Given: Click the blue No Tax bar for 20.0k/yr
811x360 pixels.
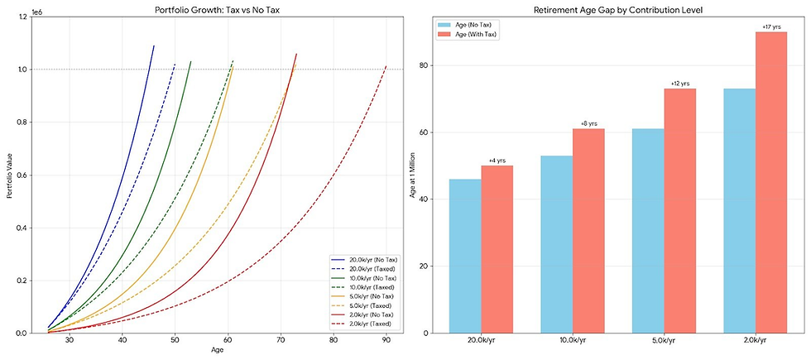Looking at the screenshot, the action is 465,256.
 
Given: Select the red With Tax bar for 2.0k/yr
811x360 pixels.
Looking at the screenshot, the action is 770,182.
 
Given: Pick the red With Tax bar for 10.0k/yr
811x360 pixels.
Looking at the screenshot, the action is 588,231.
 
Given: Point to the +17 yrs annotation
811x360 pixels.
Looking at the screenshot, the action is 770,26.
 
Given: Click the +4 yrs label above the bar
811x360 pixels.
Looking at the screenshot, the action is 497,161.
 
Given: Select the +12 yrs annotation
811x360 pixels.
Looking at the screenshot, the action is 679,84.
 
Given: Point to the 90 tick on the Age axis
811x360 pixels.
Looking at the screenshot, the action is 386,339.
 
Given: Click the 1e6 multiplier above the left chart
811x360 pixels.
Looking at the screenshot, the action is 36,12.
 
